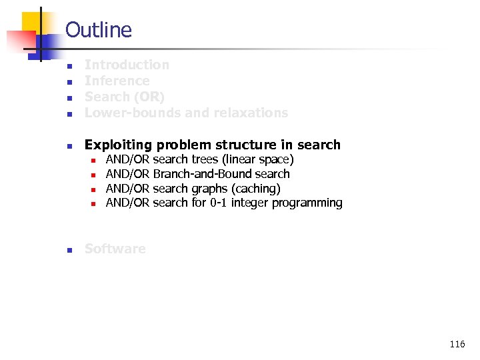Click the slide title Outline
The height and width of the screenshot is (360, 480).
99,30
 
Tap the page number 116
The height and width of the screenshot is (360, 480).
457,345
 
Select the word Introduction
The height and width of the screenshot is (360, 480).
127,65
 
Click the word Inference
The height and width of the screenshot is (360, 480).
117,81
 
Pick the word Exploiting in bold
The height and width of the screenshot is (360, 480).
118,145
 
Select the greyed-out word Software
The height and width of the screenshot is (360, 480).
115,249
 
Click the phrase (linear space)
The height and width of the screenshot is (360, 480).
258,159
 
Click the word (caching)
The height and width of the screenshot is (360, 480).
256,189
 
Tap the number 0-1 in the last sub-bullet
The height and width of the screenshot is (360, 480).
219,203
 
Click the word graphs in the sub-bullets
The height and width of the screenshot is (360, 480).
210,189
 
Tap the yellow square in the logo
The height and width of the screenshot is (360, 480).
32,21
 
